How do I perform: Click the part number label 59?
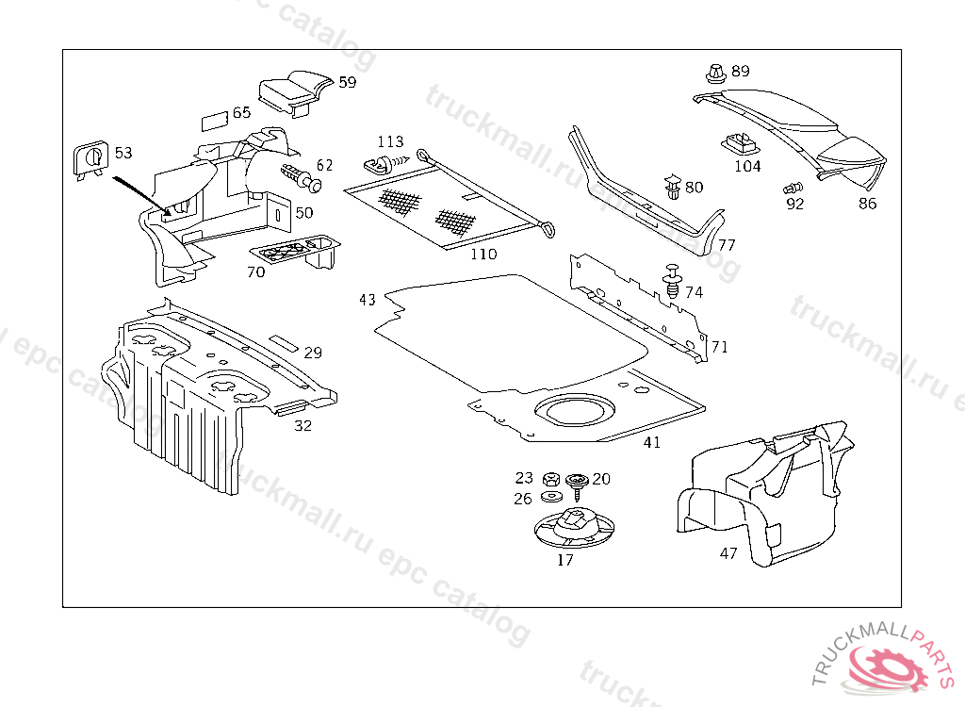click(348, 82)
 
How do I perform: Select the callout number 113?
click(390, 142)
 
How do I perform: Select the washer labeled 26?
click(550, 497)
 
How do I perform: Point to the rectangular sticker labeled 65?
click(214, 122)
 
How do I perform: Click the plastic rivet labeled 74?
click(672, 280)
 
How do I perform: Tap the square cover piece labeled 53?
click(90, 159)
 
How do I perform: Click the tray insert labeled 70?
click(296, 255)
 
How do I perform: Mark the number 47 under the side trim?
click(728, 553)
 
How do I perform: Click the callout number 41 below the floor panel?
click(652, 442)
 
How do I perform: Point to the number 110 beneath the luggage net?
click(483, 254)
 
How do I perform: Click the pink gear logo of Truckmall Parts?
click(888, 664)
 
